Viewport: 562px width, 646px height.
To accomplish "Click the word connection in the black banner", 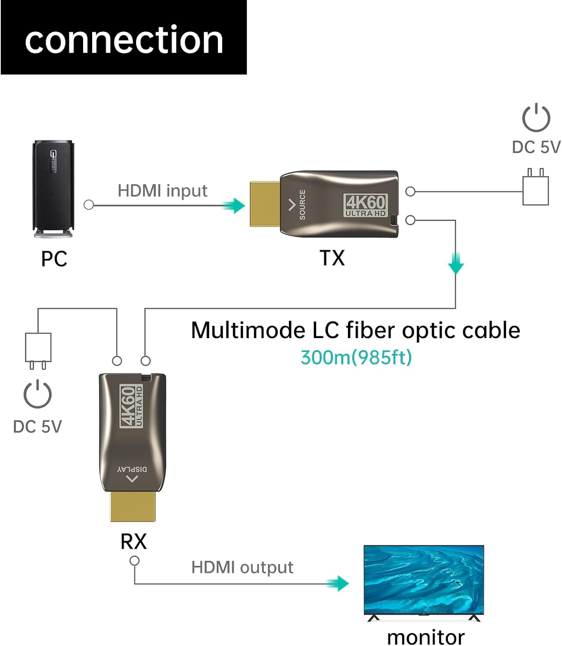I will coord(124,40).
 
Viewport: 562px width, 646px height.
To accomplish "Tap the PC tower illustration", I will coord(53,189).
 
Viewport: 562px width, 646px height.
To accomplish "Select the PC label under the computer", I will coord(54,259).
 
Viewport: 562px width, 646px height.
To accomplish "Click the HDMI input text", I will coord(162,191).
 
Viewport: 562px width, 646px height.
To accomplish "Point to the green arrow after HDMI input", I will coord(234,205).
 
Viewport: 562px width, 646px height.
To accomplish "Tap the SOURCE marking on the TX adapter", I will coord(302,205).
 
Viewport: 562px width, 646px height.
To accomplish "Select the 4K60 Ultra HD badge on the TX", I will coord(366,205).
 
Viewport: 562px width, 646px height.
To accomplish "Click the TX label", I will coord(332,258).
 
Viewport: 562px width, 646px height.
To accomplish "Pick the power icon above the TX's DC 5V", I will coord(536,118).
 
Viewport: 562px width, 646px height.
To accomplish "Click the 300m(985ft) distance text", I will coord(356,357).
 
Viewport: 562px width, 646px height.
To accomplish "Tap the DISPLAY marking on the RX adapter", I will coord(132,469).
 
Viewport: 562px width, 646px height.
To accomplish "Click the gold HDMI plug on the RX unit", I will coord(133,506).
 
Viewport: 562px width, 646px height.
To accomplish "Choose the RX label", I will coord(134,542).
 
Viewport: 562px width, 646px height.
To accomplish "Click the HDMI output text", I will coord(242,568).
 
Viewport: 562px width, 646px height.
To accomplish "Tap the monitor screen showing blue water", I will coord(424,579).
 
